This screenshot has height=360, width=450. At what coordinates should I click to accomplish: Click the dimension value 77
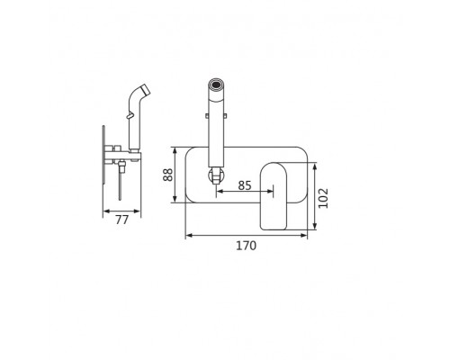pos(122,220)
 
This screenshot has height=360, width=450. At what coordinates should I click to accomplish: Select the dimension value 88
pos(168,175)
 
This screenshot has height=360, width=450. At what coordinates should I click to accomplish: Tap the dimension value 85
pos(245,185)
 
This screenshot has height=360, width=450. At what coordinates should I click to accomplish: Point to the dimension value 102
pos(323,198)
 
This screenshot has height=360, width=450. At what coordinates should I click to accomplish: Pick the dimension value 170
pos(247,246)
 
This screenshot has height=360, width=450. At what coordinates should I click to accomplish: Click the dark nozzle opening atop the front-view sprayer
pos(216,85)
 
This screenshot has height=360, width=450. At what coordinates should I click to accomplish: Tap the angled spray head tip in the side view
pos(146,89)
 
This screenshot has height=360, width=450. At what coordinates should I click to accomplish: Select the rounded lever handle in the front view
pos(274,196)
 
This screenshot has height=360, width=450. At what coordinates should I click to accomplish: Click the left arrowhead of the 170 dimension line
pos(189,236)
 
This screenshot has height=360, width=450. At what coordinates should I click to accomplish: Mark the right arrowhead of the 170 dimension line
pos(304,236)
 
